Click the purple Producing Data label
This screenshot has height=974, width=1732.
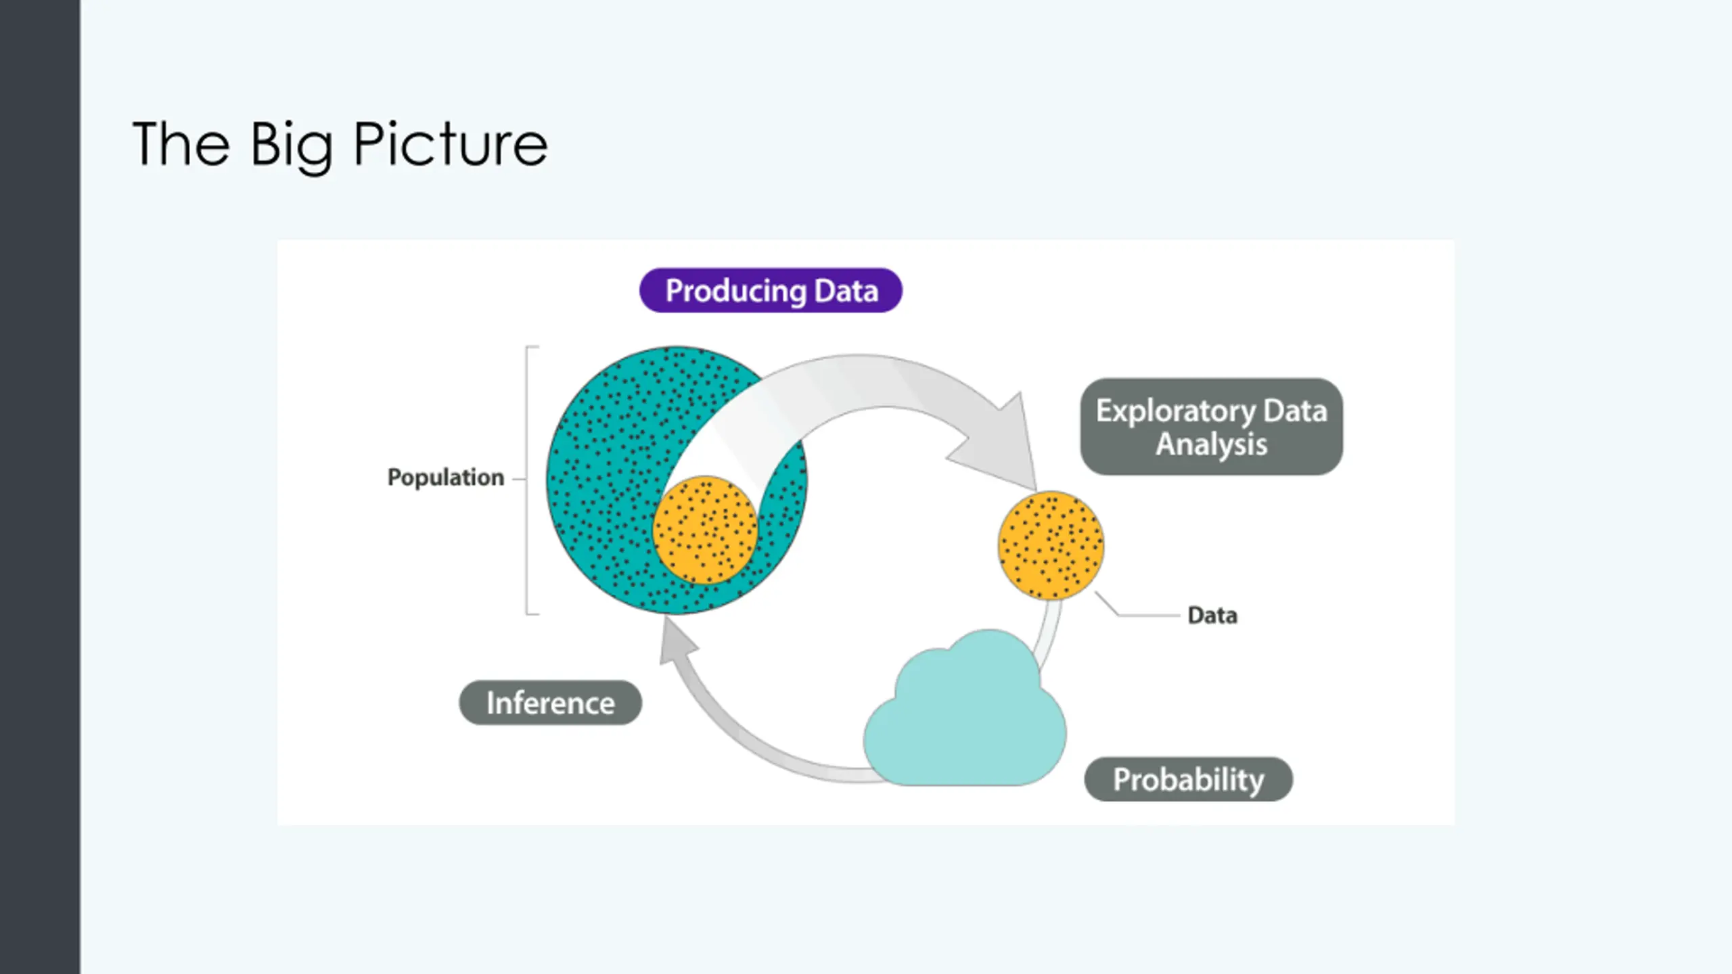point(771,291)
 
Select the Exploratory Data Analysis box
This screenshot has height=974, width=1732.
point(1211,427)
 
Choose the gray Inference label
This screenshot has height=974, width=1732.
point(550,703)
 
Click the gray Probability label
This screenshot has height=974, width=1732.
point(1188,779)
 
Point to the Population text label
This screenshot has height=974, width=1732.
point(445,478)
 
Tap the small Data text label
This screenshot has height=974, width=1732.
point(1212,616)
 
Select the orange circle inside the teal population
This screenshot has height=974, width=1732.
point(705,530)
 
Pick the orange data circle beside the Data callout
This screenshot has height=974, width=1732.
point(1051,545)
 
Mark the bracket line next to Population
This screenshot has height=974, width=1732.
point(527,480)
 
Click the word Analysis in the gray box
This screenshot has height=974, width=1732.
point(1211,444)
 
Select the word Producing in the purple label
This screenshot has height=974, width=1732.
point(735,291)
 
